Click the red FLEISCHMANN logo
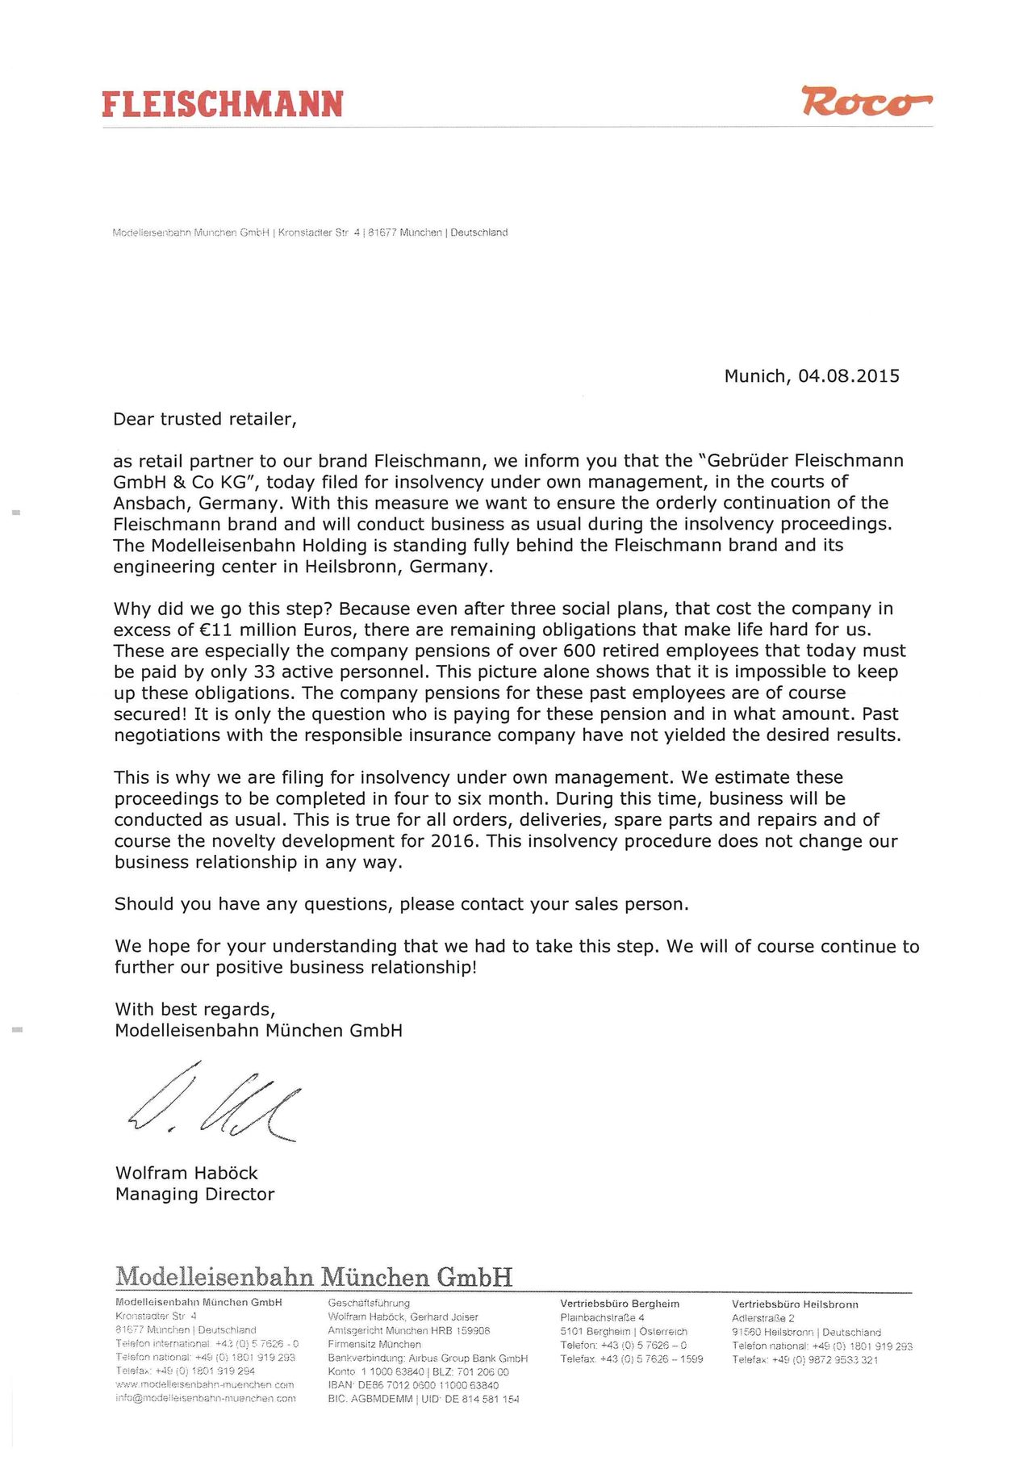click(x=223, y=105)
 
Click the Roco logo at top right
click(x=865, y=102)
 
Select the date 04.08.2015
click(x=848, y=376)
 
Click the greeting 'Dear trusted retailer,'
click(x=205, y=419)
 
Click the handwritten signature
click(x=215, y=1103)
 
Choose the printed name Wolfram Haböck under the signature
click(x=186, y=1173)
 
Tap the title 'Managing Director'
click(x=194, y=1194)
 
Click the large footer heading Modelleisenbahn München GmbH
click(x=314, y=1277)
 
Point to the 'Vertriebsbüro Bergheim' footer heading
click(x=620, y=1304)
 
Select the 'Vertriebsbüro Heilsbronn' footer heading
click(x=795, y=1304)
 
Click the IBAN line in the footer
click(x=413, y=1385)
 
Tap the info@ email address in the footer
click(x=205, y=1398)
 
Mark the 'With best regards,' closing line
click(x=195, y=1009)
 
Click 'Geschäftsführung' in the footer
click(x=369, y=1303)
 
